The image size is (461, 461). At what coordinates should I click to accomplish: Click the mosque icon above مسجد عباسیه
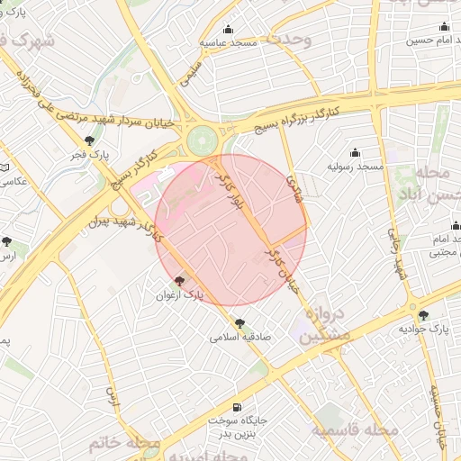[x=228, y=28]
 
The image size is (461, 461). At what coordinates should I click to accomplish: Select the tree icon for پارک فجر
[x=88, y=140]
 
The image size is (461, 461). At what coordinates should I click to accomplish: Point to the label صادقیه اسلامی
[x=240, y=338]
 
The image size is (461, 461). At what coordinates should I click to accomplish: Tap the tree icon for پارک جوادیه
[x=423, y=315]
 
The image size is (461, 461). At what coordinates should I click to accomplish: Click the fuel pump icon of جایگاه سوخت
[x=237, y=407]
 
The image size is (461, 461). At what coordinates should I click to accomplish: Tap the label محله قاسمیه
[x=356, y=430]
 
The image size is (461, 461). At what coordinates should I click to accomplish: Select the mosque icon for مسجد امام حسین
[x=444, y=26]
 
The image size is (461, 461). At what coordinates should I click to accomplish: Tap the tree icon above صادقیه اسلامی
[x=240, y=323]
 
